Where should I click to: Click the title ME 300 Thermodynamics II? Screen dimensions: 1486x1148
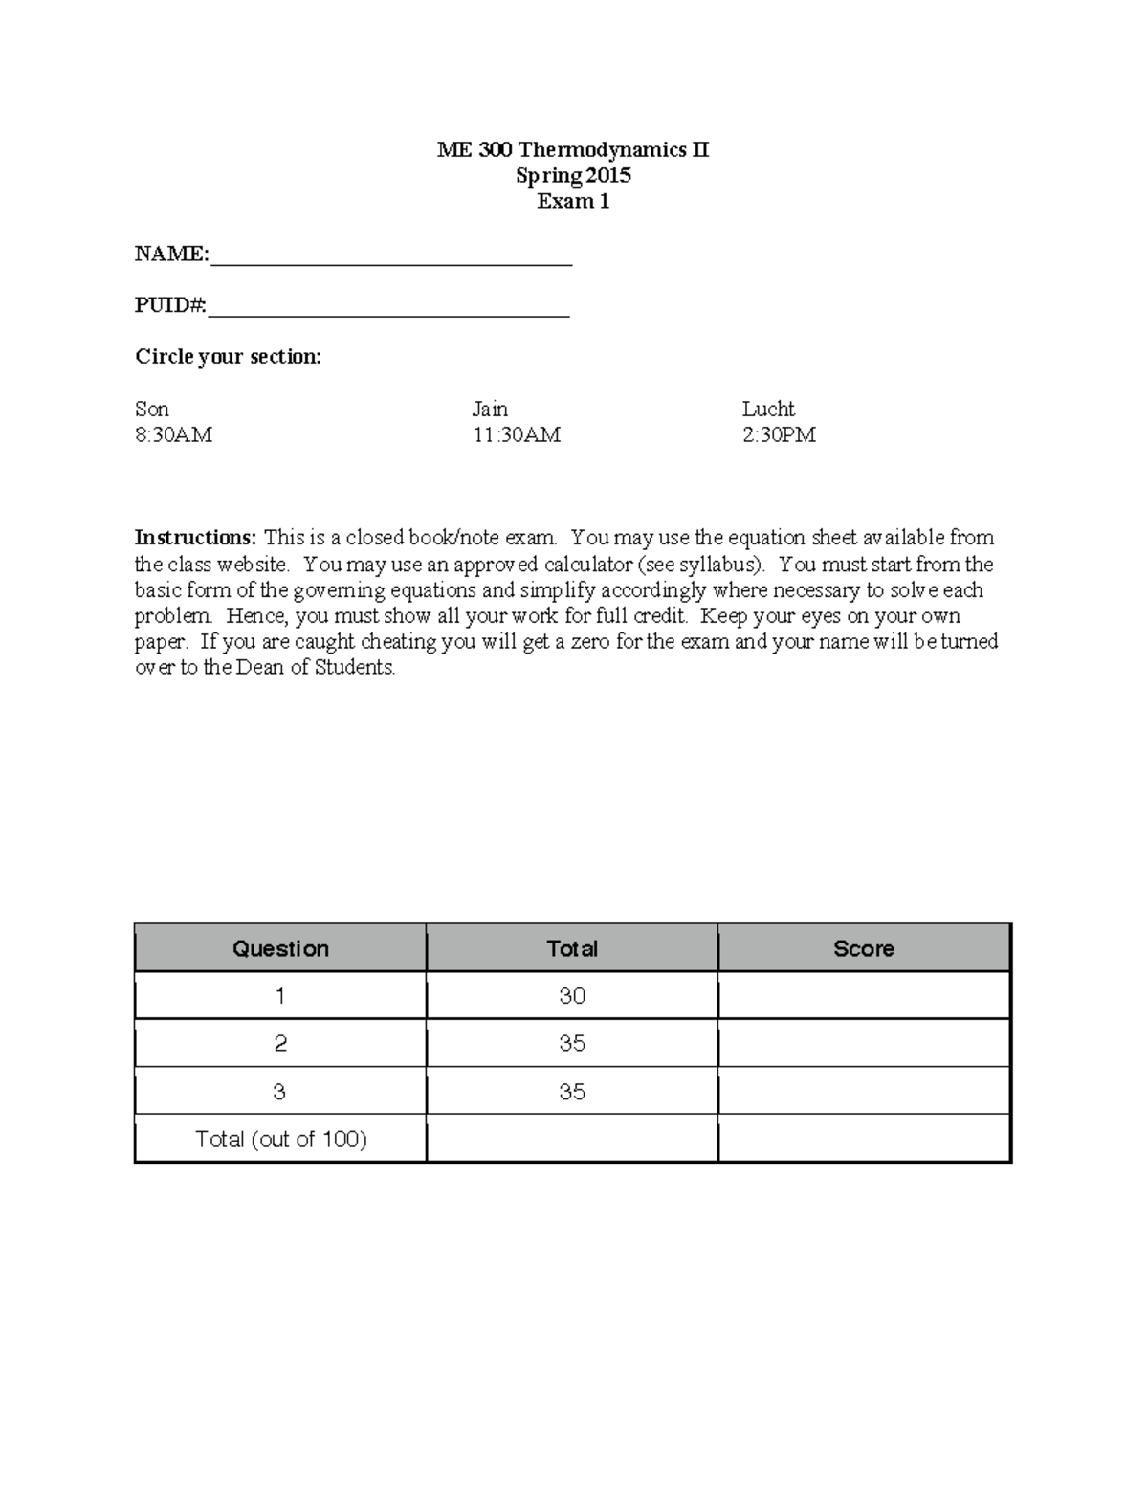(573, 149)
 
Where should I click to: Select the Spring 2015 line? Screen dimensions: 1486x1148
(573, 175)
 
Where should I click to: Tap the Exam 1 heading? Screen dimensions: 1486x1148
(573, 201)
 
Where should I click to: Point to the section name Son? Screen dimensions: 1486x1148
(152, 410)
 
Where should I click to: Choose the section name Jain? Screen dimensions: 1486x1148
(490, 410)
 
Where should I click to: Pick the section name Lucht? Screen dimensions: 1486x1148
(768, 410)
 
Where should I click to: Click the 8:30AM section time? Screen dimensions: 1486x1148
(173, 435)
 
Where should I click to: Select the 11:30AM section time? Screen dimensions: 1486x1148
(517, 435)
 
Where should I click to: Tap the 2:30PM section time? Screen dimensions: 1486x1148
(779, 435)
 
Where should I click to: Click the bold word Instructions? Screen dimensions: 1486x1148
(195, 538)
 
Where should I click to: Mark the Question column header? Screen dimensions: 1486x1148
(280, 948)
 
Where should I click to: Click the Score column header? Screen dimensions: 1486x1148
(864, 948)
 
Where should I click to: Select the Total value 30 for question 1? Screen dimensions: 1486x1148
(572, 996)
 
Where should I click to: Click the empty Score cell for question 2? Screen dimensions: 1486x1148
(864, 1043)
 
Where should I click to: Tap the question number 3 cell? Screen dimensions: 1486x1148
(279, 1092)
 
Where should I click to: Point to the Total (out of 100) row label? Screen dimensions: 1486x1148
(281, 1139)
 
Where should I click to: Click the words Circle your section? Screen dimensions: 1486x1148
(228, 357)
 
